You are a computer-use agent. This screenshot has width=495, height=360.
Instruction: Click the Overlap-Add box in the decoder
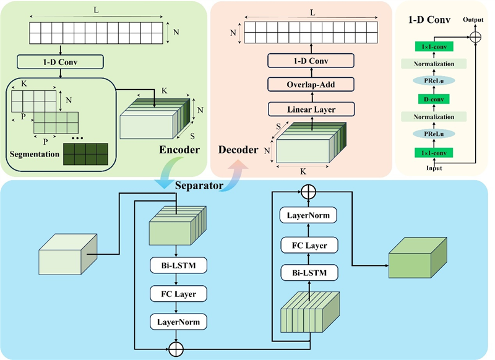point(311,85)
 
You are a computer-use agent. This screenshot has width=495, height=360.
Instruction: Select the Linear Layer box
point(311,109)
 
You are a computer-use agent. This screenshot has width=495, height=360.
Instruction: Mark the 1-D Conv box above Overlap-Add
point(311,60)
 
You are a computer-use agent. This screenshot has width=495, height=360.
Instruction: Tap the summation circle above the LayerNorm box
point(308,191)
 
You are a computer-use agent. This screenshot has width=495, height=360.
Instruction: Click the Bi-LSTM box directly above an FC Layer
point(178,266)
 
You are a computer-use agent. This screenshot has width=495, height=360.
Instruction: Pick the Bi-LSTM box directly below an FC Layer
point(308,272)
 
